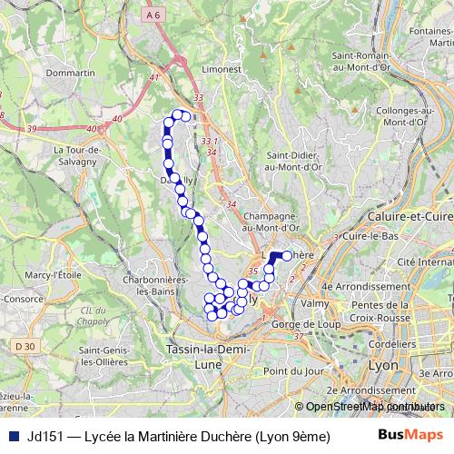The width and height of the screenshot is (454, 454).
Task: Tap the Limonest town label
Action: point(222,69)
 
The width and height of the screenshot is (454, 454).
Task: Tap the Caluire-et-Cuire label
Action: point(410,217)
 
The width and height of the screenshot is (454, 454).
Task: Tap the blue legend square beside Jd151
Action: point(12,435)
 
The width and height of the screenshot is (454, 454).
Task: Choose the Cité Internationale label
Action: point(419,261)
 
